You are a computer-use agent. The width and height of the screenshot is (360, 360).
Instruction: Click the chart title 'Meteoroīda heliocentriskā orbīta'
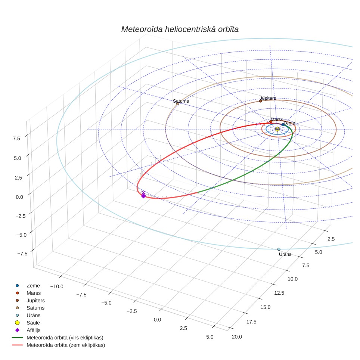pyautogui.click(x=180, y=29)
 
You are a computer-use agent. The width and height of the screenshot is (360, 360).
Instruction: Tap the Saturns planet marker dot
pyautogui.click(x=178, y=104)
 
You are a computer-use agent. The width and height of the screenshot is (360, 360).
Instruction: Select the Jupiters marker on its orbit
pyautogui.click(x=261, y=101)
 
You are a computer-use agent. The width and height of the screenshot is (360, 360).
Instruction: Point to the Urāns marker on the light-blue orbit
pyautogui.click(x=279, y=249)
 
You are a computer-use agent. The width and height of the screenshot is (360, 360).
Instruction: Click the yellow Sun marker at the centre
pyautogui.click(x=277, y=129)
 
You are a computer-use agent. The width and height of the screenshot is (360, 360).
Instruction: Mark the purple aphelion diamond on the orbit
pyautogui.click(x=143, y=196)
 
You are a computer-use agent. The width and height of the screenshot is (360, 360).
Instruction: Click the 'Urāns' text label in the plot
pyautogui.click(x=285, y=254)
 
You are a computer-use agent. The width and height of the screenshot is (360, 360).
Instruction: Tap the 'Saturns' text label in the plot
pyautogui.click(x=181, y=101)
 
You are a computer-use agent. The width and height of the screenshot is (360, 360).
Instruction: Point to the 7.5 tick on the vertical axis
pyautogui.click(x=16, y=139)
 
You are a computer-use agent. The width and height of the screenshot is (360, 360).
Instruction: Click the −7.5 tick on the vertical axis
pyautogui.click(x=22, y=254)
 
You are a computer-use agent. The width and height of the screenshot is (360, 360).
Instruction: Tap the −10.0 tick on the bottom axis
pyautogui.click(x=57, y=286)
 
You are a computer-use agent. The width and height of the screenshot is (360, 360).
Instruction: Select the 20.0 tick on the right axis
pyautogui.click(x=237, y=337)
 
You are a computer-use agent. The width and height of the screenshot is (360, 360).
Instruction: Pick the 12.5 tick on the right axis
pyautogui.click(x=279, y=293)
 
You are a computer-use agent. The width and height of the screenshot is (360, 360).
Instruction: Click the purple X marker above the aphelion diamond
pyautogui.click(x=143, y=192)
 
